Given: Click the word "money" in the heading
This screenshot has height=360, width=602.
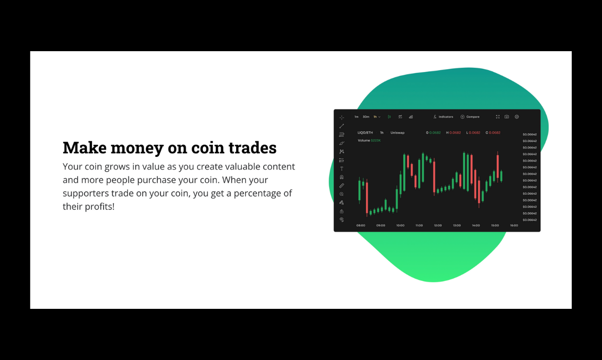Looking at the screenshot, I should point(137,148).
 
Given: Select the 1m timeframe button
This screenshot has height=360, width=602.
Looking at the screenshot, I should point(356,117).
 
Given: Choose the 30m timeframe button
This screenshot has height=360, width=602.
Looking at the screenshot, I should point(366,117).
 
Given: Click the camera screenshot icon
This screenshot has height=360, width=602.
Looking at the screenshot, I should point(507,117).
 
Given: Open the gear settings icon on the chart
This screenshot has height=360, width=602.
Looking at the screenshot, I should point(517,117).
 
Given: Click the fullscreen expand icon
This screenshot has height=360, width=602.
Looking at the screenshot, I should point(498,117).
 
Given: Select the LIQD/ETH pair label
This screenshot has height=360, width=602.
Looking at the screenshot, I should point(365,133).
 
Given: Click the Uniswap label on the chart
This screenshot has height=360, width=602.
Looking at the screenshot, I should point(397,133).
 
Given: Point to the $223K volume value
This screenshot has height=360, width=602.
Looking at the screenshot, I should point(376,140).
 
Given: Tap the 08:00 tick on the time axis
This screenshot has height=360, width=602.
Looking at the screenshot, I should point(361,225).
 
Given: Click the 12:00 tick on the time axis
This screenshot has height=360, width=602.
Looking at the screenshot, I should point(438,225).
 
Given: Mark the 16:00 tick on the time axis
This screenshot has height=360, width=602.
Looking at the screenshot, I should point(514,225).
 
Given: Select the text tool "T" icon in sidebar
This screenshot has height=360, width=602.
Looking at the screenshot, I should point(341,169).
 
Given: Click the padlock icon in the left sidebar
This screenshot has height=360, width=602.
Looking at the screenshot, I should point(341,211).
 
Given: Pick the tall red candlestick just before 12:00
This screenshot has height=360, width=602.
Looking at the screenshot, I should point(434,178).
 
